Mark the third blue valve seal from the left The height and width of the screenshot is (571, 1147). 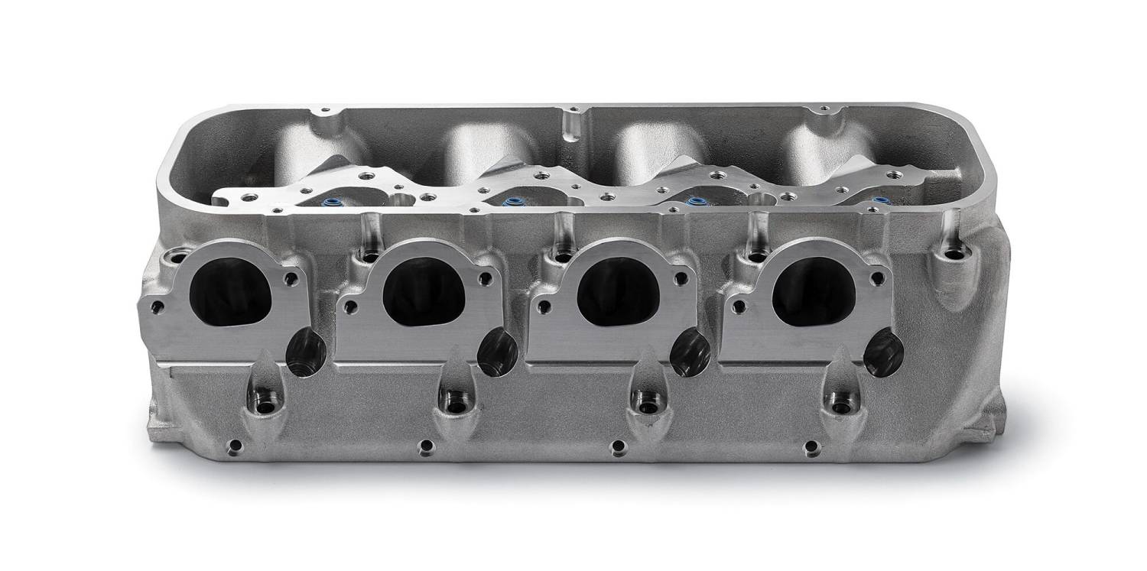(x=696, y=203)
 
